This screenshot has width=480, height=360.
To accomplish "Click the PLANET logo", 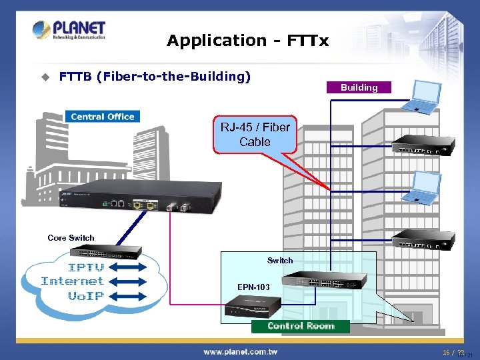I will [x=69, y=30].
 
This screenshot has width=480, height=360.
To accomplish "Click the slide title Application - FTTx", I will [x=247, y=41].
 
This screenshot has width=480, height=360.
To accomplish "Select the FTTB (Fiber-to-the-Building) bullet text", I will [x=155, y=77].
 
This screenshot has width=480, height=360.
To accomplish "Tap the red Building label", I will [x=359, y=87].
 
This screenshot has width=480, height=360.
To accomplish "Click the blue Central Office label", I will [x=102, y=117].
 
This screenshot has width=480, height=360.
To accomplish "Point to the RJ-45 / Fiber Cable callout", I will [x=255, y=135].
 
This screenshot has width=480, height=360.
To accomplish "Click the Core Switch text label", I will [x=71, y=238].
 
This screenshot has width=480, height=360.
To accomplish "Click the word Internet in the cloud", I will [x=72, y=281].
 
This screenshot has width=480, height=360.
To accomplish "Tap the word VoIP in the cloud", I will [x=85, y=295].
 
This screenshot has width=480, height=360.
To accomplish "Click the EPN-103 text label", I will [x=254, y=287].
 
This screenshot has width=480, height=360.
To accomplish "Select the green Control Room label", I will [x=300, y=326].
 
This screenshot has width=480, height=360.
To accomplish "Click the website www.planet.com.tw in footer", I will [x=240, y=351].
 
